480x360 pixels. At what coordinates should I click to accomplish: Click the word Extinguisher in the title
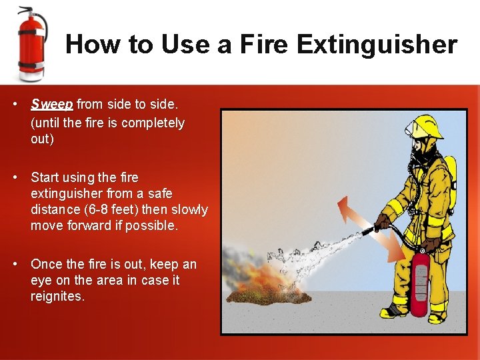tap(377, 45)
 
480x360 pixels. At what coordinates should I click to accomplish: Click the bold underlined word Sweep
tap(52, 104)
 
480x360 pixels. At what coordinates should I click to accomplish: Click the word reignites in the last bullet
tap(57, 297)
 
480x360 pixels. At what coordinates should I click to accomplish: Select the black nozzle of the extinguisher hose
tap(368, 231)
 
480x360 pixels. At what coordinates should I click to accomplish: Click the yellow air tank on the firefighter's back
tap(451, 180)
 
